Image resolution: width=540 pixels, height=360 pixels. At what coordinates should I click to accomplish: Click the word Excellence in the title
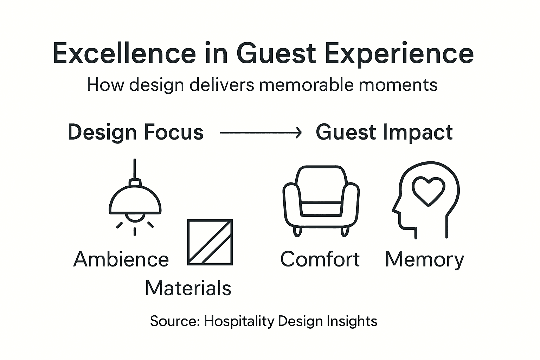(124, 53)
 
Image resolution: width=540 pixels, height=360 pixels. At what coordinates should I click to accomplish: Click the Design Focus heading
(136, 132)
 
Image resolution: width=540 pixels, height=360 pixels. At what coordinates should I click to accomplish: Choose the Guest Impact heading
(384, 132)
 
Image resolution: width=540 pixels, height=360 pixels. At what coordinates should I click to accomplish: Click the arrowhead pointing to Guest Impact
(298, 133)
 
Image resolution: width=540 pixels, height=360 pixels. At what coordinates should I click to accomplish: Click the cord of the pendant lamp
(135, 169)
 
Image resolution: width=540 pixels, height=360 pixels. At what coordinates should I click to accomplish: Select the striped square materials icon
(210, 242)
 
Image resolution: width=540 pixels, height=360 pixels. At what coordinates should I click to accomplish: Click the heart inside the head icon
(428, 190)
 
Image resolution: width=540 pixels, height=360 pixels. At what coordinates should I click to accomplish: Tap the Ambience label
(121, 259)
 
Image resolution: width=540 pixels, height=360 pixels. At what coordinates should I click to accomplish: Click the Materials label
(188, 288)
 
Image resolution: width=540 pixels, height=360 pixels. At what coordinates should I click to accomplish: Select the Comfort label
(320, 259)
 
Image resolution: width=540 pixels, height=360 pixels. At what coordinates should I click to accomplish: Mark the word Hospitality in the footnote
(239, 321)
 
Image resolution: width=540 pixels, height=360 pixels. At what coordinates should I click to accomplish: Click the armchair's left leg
(297, 232)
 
